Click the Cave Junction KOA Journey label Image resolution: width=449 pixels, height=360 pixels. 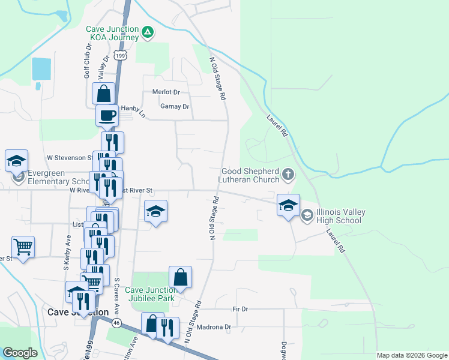click(113, 33)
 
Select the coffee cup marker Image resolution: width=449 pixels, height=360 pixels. click(107, 115)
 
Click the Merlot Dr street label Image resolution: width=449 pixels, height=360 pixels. click(166, 92)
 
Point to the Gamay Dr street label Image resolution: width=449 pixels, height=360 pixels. click(175, 107)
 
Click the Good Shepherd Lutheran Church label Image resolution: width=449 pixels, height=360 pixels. click(250, 175)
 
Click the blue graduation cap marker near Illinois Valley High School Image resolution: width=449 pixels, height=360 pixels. click(288, 205)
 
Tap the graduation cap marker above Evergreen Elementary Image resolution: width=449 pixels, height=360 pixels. click(17, 160)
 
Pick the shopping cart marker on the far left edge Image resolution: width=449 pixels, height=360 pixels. click(23, 246)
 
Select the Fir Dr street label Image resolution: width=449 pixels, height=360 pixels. click(240, 308)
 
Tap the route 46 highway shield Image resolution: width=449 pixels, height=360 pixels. click(116, 323)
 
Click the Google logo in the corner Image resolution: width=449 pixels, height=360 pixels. click(20, 353)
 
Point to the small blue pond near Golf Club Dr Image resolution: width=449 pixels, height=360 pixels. click(41, 69)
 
